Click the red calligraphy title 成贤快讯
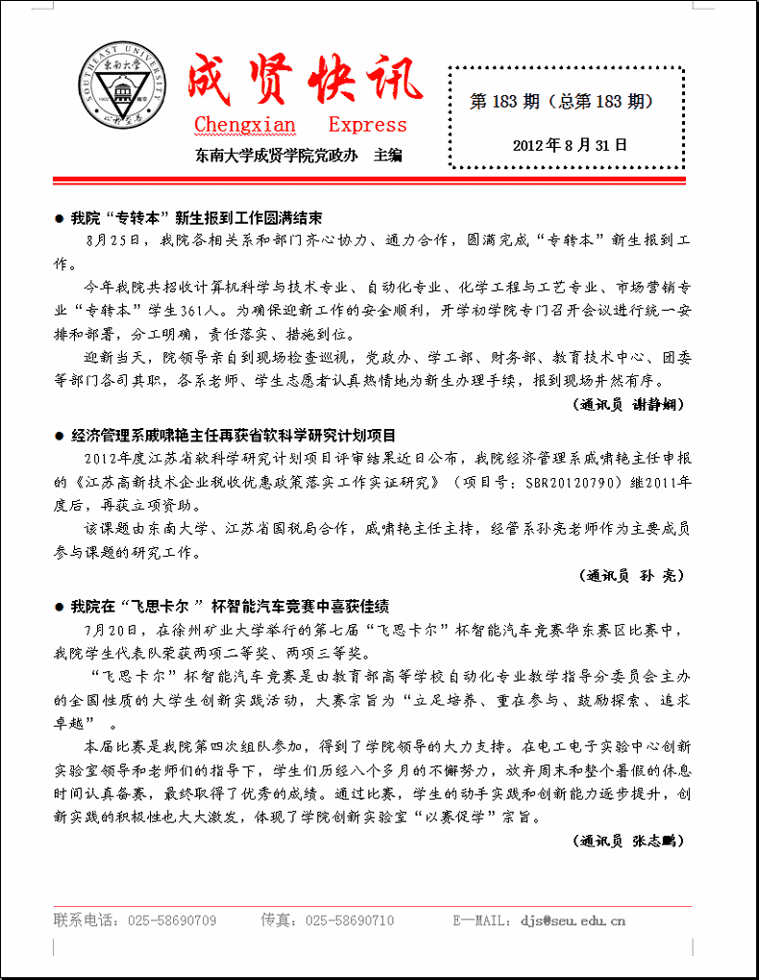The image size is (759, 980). click(x=304, y=81)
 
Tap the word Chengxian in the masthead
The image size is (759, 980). click(x=245, y=126)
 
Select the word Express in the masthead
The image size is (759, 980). click(x=367, y=126)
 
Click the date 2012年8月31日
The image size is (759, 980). click(x=570, y=145)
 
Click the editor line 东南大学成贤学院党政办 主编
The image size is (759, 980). click(x=298, y=155)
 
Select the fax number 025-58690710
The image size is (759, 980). click(x=350, y=920)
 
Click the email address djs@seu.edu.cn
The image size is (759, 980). click(x=573, y=920)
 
